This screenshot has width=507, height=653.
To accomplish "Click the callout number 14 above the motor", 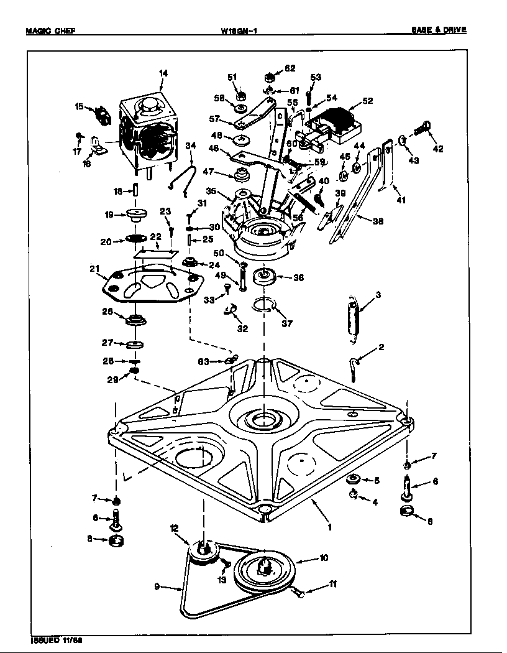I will (x=163, y=73).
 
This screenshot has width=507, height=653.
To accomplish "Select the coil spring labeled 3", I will (x=354, y=318).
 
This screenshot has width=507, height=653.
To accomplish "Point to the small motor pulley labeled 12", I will (x=203, y=551).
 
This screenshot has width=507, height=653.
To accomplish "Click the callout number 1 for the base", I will (x=329, y=527).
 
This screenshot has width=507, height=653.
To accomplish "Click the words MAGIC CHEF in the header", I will (x=51, y=30).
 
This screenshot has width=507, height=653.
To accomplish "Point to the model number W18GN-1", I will (x=239, y=30).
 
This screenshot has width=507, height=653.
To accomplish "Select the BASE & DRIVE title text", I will (x=438, y=29).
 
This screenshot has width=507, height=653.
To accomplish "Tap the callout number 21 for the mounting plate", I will (x=94, y=269).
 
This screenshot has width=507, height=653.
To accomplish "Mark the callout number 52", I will (x=368, y=101).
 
